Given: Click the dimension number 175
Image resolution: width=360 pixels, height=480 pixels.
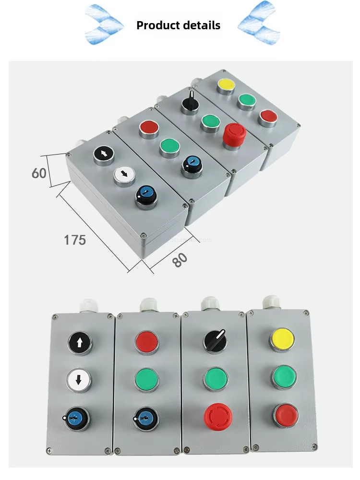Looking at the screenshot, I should coord(75,240).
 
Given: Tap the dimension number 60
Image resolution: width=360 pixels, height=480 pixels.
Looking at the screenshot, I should coord(39,173).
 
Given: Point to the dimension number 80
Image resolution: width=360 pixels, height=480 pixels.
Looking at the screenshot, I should coord(180,260).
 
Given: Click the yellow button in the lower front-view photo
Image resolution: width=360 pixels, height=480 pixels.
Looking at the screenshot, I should coord(282,339).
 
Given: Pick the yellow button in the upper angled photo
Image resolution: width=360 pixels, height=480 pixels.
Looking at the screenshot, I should coord(226,85).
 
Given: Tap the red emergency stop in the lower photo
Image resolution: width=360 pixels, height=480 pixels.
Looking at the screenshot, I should coord(218,416).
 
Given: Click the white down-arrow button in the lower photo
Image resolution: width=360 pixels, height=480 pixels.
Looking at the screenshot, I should coord(79,380).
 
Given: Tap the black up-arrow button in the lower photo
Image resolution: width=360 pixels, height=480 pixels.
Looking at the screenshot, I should coord(80,342).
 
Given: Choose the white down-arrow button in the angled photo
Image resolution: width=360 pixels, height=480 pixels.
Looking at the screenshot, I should coord(125,175).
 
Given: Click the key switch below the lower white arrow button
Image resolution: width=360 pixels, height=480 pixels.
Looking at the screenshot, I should coord(78,418).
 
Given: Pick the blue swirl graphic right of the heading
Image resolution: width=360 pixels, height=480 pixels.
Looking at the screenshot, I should coord(259,24).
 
